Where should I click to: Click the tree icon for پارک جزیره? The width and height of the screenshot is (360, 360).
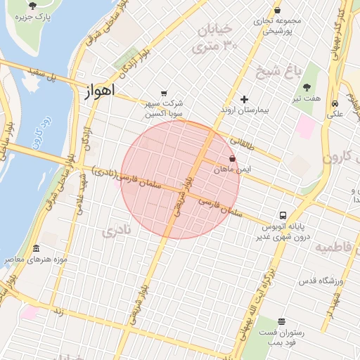tap(32, 6)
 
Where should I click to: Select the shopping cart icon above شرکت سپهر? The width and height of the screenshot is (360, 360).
tap(164, 93)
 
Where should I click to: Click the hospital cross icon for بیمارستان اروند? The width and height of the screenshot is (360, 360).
tap(245, 99)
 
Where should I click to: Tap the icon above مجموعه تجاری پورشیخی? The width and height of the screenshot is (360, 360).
tap(277, 10)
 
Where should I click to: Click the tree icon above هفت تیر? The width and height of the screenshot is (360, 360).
tap(307, 87)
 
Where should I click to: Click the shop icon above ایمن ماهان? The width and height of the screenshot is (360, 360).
tap(233, 158)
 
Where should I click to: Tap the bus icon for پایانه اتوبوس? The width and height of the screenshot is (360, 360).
tap(283, 215)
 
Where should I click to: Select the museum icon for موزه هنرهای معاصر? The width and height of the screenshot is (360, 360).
tap(36, 248)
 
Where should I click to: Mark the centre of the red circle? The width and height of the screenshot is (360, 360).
tap(180, 179)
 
